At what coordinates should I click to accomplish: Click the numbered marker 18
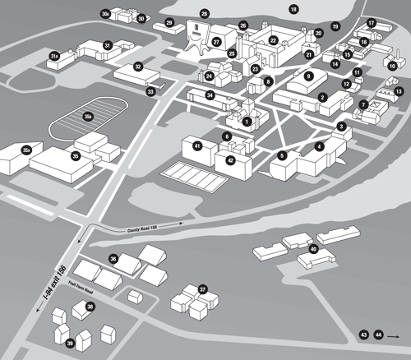pyautogui.click(x=293, y=9)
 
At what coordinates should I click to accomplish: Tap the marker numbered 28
pyautogui.click(x=205, y=14)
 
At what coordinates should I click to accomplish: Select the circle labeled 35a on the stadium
pyautogui.click(x=87, y=118)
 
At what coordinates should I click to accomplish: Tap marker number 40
pyautogui.click(x=313, y=248)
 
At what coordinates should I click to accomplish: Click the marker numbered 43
pyautogui.click(x=364, y=335)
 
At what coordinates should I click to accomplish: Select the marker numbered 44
pyautogui.click(x=378, y=335)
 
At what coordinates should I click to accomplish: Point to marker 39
pyautogui.click(x=70, y=344)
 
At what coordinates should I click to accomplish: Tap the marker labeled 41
pyautogui.click(x=197, y=145)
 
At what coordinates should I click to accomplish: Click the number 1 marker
pyautogui.click(x=246, y=122)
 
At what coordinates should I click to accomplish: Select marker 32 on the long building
pyautogui.click(x=138, y=67)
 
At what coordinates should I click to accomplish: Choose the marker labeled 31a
pyautogui.click(x=54, y=55)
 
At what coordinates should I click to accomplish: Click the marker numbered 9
pyautogui.click(x=309, y=76)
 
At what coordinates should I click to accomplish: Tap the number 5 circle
pyautogui.click(x=282, y=155)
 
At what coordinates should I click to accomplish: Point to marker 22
pyautogui.click(x=273, y=39)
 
